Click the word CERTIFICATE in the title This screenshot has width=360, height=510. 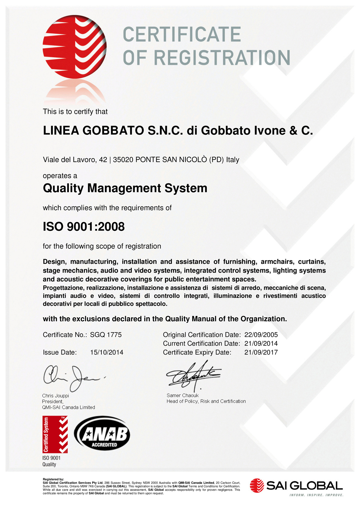click(182, 34)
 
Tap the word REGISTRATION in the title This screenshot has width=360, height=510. click(223, 58)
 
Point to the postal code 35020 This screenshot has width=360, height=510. click(123, 159)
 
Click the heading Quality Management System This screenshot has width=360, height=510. click(125, 188)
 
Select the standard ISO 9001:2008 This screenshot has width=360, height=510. click(84, 227)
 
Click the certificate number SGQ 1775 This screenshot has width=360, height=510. click(106, 335)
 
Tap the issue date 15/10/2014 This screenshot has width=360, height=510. click(106, 352)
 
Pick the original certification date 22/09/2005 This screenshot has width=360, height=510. click(261, 335)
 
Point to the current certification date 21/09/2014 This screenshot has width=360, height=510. click(261, 343)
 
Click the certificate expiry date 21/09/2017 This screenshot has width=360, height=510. click(261, 352)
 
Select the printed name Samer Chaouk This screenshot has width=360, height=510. click(182, 395)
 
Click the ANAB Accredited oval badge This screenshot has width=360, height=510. click(102, 433)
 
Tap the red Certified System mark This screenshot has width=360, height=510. click(55, 434)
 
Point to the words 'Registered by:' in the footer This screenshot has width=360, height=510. click(53, 479)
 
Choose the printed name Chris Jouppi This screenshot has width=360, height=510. click(55, 396)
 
